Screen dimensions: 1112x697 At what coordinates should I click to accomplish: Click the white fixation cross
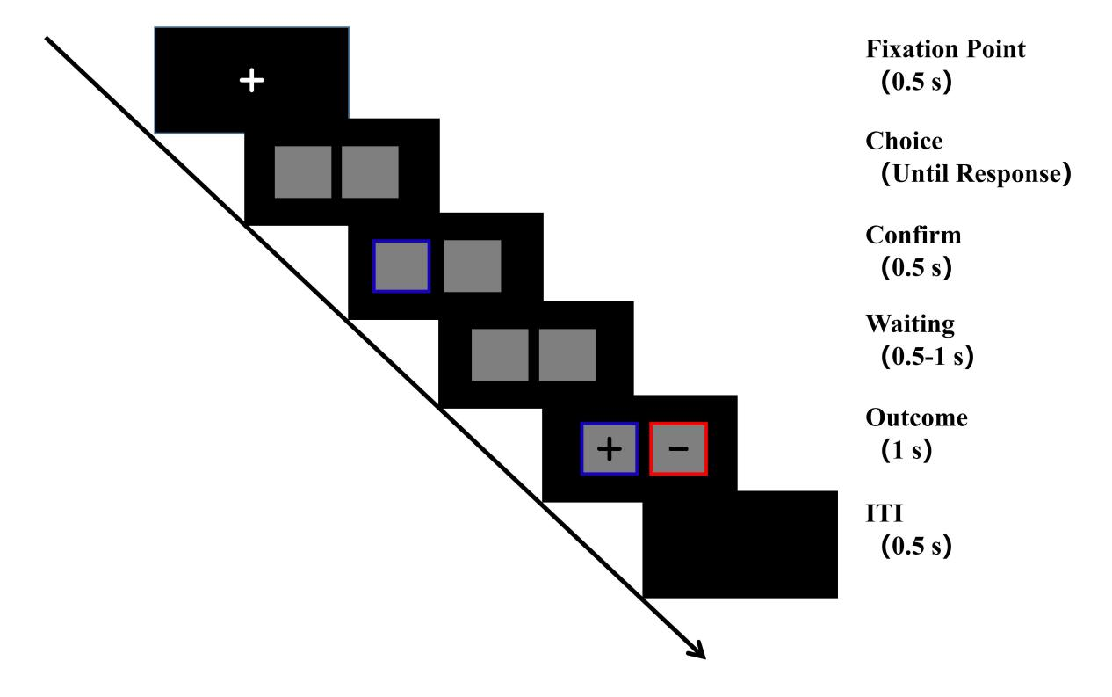tap(252, 81)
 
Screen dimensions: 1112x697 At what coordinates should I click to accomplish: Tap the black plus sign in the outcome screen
tap(609, 449)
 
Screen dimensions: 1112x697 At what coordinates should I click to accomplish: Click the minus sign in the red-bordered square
tap(678, 449)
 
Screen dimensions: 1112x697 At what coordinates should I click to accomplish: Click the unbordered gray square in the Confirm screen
tap(473, 266)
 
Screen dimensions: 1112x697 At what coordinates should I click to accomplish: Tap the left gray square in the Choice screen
tap(303, 172)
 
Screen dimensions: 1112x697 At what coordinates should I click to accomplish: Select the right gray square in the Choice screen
tap(370, 172)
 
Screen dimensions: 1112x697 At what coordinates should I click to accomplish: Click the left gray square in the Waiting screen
tap(500, 355)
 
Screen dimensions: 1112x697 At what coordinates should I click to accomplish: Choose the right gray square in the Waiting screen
tap(567, 355)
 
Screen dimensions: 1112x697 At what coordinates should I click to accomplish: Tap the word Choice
tap(904, 142)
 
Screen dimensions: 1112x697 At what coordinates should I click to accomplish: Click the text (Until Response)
tap(976, 174)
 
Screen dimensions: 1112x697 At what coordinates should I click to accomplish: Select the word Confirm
tap(913, 235)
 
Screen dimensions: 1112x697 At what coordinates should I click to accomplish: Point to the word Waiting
tap(910, 325)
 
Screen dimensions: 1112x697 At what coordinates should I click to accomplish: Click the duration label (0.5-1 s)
tap(928, 356)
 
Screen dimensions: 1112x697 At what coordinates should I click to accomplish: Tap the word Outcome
tap(916, 417)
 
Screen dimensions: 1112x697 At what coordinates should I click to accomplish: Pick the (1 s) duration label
tap(906, 450)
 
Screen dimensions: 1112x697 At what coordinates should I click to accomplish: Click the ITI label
tap(885, 513)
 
